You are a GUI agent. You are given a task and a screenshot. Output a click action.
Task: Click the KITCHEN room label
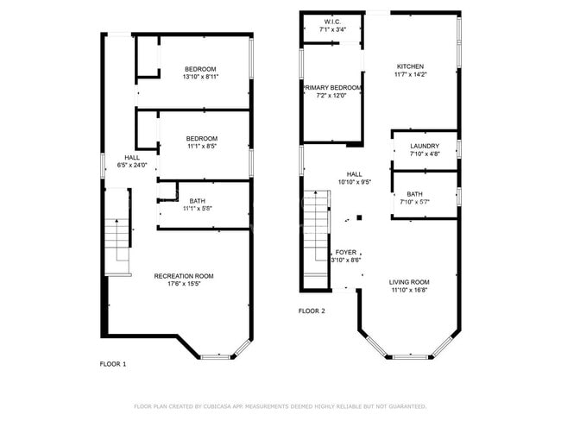click(409, 66)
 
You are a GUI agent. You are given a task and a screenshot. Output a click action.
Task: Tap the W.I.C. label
click(331, 21)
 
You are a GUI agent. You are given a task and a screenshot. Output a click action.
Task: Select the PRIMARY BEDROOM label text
click(331, 87)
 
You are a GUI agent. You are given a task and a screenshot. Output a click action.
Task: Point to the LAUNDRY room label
click(425, 146)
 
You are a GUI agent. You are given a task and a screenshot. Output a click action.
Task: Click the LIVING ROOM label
click(409, 281)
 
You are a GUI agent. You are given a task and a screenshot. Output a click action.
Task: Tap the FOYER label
click(346, 252)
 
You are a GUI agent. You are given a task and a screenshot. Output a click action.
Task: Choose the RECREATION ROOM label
click(184, 276)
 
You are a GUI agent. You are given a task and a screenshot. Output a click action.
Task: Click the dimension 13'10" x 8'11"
click(200, 77)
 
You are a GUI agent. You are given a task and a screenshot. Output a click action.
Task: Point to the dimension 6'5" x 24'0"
click(132, 165)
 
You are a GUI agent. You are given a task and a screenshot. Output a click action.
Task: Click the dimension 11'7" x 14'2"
click(409, 74)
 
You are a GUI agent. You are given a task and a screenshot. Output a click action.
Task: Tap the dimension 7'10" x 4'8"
click(425, 154)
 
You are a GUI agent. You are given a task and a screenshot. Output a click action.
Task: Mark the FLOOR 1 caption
click(113, 364)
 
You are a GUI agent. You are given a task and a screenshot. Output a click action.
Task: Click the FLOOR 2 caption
click(312, 311)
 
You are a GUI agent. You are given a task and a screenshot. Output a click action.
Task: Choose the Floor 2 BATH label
click(414, 194)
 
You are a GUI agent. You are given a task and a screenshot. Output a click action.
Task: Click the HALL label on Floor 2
click(354, 173)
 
